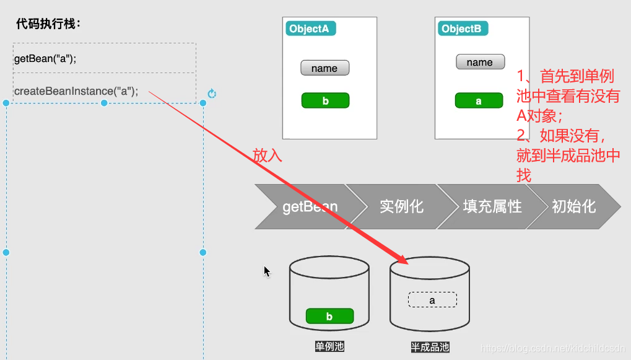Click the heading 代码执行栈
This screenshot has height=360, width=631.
48,25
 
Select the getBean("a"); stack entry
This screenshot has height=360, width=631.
45,59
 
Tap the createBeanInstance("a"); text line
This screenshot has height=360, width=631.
76,91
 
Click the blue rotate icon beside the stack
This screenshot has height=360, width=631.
212,94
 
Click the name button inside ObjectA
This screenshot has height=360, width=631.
324,68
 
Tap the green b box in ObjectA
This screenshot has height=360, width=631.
325,101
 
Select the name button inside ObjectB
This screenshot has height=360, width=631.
479,62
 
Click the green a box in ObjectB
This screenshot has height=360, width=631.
479,101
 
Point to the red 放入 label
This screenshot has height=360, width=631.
268,156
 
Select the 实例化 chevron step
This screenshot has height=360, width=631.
401,206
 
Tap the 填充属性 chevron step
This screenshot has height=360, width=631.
492,206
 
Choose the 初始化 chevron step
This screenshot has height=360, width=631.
574,206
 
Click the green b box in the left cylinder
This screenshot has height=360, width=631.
329,316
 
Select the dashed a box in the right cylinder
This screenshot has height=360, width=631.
432,301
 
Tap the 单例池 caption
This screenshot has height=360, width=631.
329,346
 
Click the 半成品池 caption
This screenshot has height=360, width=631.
430,347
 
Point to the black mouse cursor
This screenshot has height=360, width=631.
267,271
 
